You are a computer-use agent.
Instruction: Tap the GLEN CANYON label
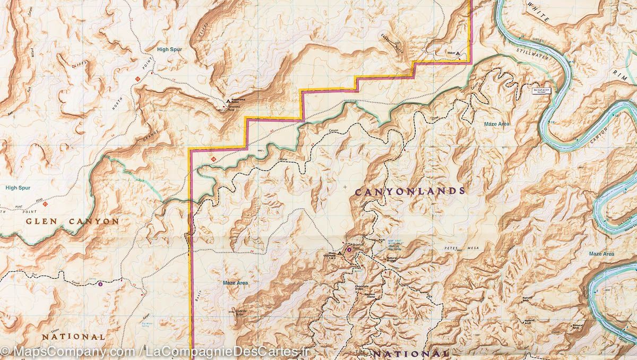(72, 221)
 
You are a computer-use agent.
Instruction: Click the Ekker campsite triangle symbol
(457, 54)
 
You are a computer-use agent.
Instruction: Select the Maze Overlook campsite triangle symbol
(340, 253)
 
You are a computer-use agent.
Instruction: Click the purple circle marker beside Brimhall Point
(349, 250)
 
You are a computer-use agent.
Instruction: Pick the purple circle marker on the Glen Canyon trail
(100, 284)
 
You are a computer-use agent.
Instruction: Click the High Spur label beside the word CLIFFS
(169, 49)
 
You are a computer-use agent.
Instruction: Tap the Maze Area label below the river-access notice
(497, 124)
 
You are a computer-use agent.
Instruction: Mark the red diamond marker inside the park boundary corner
(213, 159)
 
